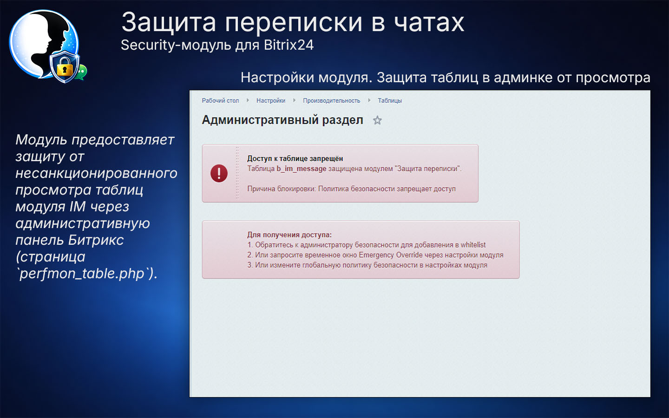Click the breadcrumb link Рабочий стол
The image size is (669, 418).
(x=220, y=101)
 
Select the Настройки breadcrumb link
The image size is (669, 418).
(x=271, y=101)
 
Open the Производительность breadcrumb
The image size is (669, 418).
(x=331, y=101)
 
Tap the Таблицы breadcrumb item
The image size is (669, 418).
(x=390, y=101)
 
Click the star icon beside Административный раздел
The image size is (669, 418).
(x=377, y=121)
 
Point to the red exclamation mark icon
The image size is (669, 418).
(x=219, y=173)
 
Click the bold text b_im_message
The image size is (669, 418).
(x=302, y=169)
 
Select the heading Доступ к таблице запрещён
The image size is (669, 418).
(x=295, y=158)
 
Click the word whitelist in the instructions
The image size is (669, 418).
(x=473, y=245)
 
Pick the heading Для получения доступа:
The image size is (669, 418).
(x=289, y=235)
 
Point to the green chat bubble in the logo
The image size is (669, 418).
(x=82, y=72)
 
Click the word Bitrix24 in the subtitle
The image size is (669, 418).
(x=289, y=45)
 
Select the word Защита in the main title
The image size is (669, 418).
(x=169, y=22)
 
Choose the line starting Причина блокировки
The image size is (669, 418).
(x=351, y=189)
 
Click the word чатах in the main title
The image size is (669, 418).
(x=429, y=22)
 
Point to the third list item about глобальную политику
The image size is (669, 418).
(x=367, y=265)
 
